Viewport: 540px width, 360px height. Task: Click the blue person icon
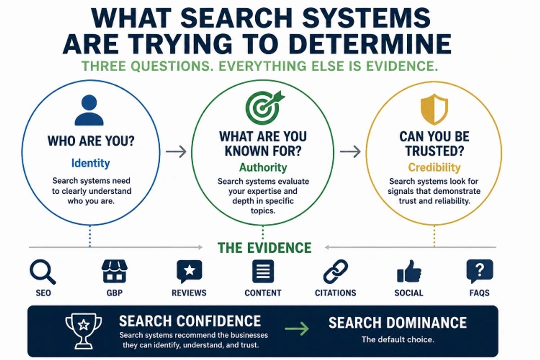(x=89, y=110)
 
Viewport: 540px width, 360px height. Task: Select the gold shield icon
(x=434, y=109)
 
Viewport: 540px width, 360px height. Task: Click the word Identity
(x=91, y=163)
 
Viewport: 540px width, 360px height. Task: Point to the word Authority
(x=263, y=167)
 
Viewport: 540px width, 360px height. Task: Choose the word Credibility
(x=434, y=167)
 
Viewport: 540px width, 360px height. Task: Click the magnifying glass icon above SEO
(x=43, y=272)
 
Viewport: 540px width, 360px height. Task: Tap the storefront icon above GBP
(x=115, y=271)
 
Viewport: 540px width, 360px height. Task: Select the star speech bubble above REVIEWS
(x=189, y=272)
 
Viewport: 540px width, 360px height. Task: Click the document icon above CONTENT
(x=263, y=271)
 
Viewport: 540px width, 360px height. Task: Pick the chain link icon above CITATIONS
(x=336, y=272)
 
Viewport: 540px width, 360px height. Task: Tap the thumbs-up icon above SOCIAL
(x=409, y=271)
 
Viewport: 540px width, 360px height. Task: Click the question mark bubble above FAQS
(x=480, y=271)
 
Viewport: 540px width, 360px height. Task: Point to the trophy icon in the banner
(x=84, y=331)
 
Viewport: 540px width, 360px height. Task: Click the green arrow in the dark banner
(x=297, y=328)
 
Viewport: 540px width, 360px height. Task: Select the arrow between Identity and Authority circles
(x=176, y=152)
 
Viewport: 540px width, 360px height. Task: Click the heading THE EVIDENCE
(x=264, y=248)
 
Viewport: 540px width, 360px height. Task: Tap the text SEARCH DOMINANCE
(x=398, y=323)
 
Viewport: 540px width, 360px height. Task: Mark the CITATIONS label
(x=336, y=293)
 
